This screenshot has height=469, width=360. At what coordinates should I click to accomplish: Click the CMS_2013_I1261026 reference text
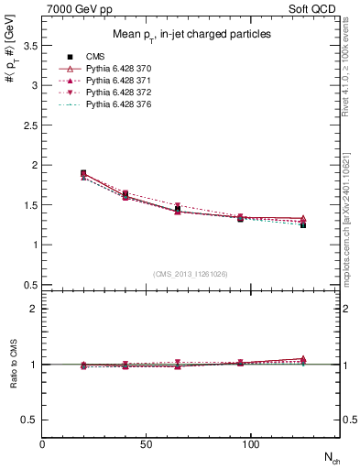191,274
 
